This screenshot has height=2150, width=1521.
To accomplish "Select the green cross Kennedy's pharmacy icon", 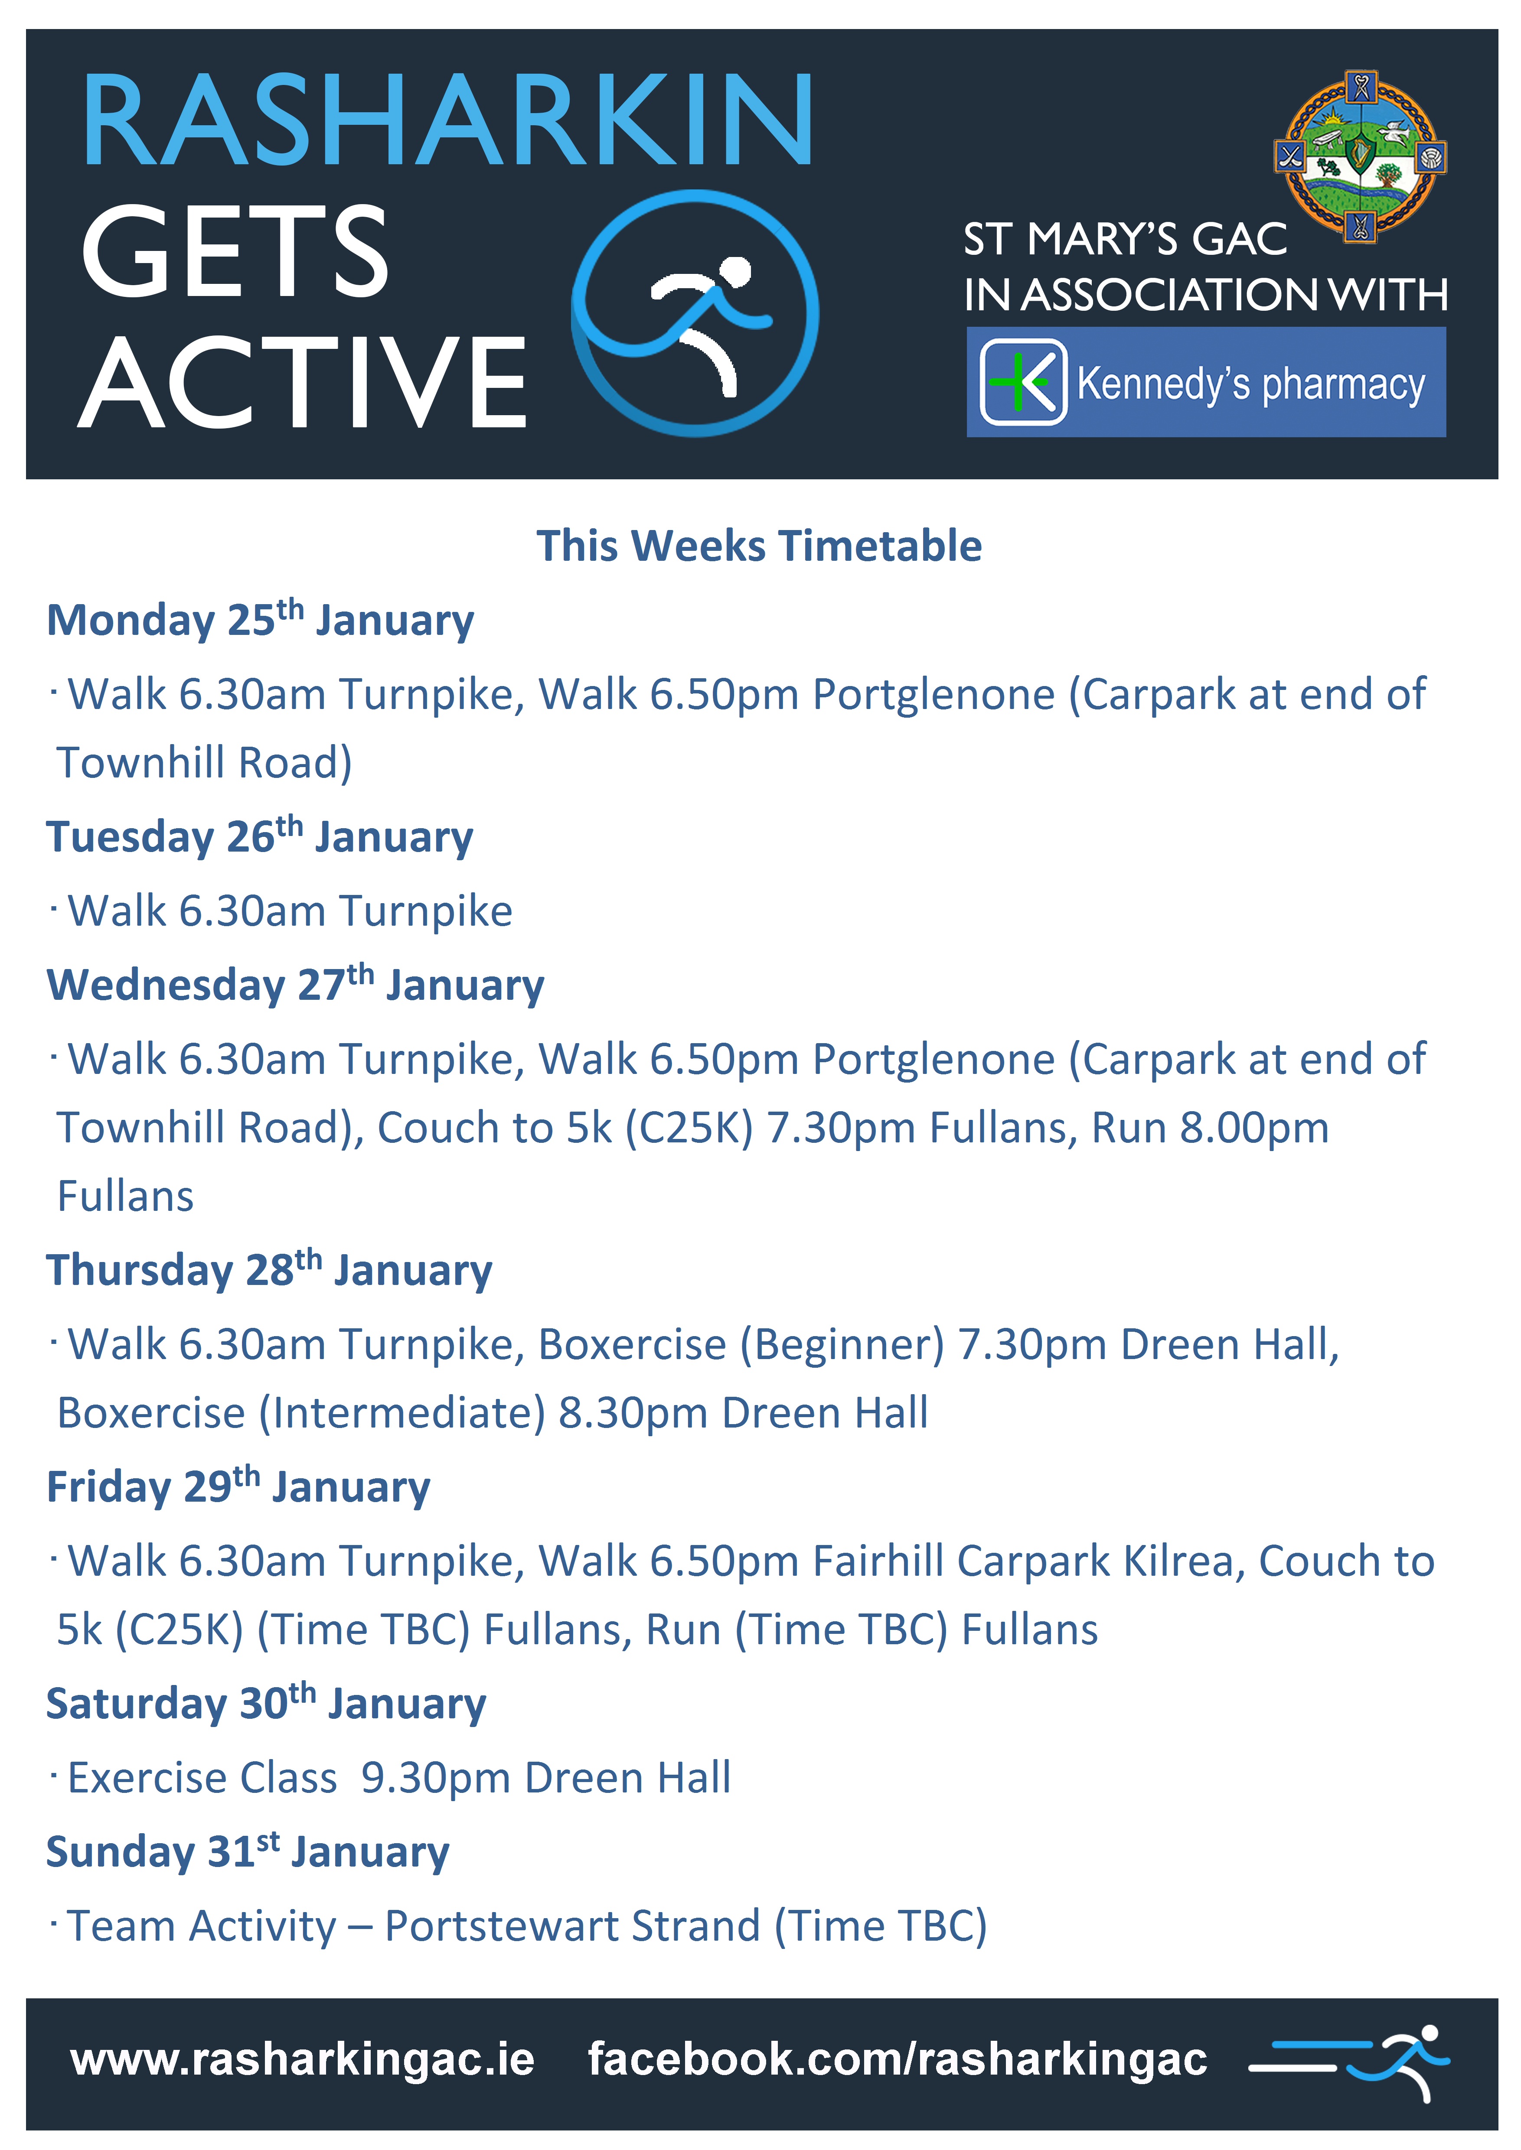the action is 1023,382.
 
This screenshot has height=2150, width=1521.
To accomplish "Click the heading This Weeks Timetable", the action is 759,546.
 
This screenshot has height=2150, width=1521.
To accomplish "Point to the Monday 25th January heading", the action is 261,619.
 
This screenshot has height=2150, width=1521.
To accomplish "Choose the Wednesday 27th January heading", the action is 295,984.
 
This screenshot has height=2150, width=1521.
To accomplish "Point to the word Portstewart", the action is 572,1926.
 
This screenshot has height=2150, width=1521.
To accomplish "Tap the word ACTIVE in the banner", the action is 303,382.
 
